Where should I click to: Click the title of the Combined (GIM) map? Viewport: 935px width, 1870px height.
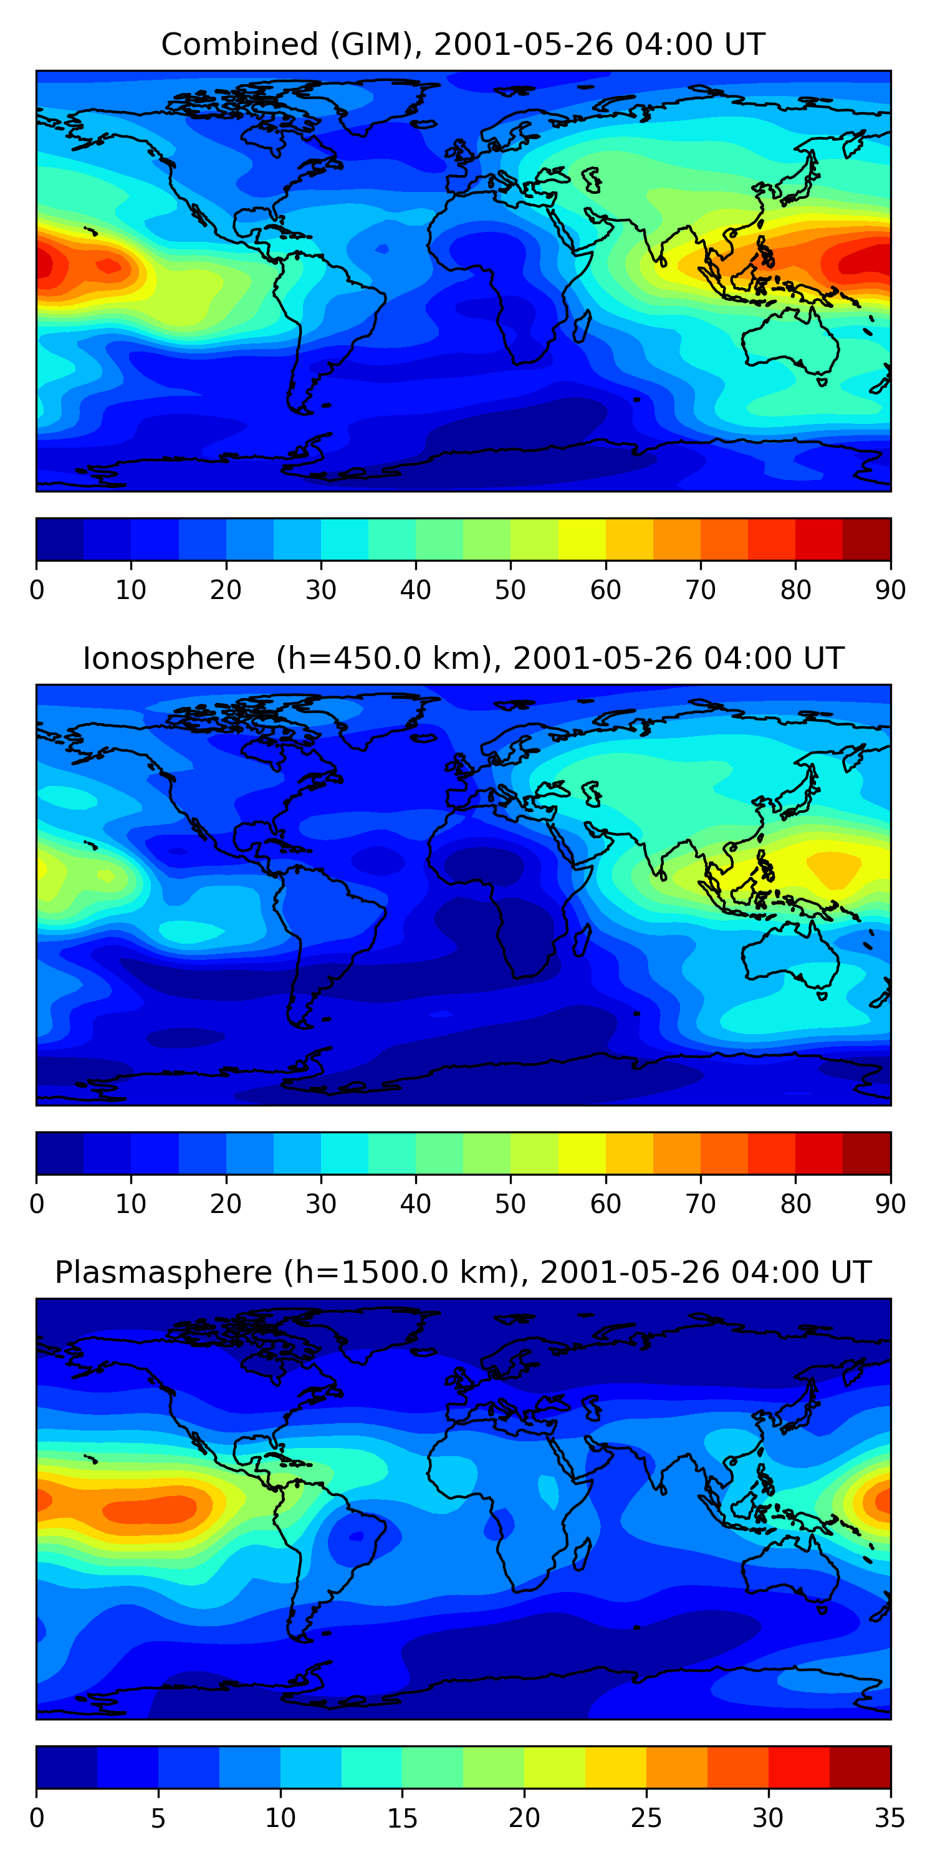463,44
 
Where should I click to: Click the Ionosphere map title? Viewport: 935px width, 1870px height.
463,658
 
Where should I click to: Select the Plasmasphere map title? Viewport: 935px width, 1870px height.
463,1273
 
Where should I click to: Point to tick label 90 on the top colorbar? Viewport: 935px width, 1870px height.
890,590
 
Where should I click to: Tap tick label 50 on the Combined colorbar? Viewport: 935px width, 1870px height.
511,590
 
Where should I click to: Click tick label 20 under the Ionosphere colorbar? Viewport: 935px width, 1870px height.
226,1204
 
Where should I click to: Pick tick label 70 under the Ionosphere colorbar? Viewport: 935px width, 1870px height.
701,1204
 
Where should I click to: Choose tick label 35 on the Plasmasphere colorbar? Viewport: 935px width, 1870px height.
890,1818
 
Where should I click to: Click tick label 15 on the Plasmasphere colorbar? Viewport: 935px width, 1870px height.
402,1818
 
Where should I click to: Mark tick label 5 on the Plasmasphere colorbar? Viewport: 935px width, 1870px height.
158,1818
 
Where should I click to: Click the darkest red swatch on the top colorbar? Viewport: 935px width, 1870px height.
867,539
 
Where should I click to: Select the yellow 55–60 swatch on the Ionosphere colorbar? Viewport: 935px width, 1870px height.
582,1153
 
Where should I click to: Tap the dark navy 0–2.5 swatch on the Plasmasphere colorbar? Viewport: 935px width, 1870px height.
67,1767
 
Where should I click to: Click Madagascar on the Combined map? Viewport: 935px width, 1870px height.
582,327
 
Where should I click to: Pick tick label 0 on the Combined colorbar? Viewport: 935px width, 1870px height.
37,590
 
